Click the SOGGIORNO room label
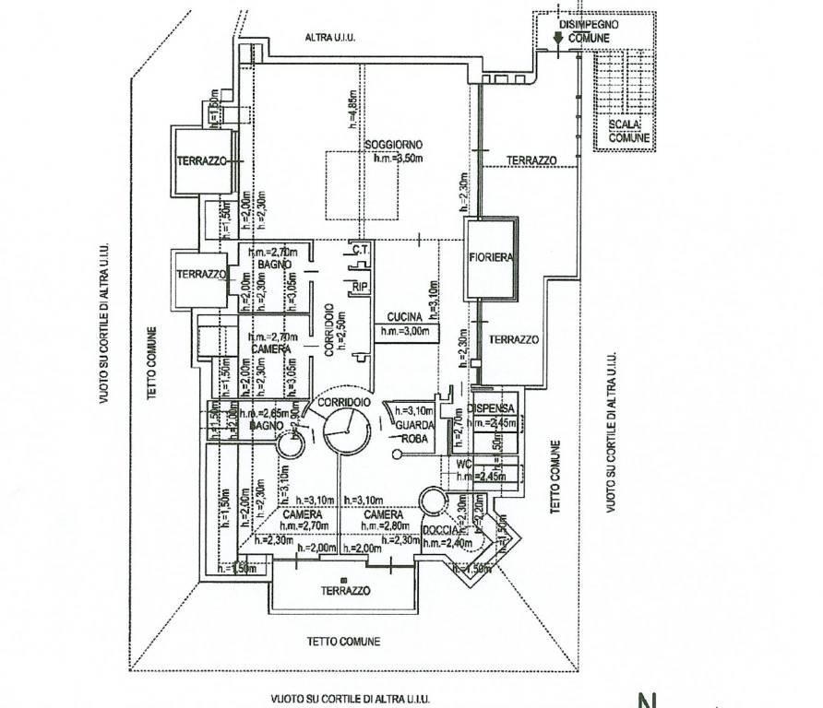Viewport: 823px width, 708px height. (x=393, y=146)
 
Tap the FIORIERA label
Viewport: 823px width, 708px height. (x=490, y=257)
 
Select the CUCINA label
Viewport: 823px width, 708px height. (x=404, y=316)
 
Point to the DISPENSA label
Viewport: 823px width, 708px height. (x=490, y=407)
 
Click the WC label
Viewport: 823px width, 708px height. (x=464, y=464)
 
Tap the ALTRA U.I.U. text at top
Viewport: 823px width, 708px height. (x=330, y=38)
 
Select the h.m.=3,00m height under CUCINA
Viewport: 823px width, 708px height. (x=406, y=330)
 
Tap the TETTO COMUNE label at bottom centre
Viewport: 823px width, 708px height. (x=343, y=642)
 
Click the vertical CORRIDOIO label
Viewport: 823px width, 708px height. (x=328, y=330)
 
